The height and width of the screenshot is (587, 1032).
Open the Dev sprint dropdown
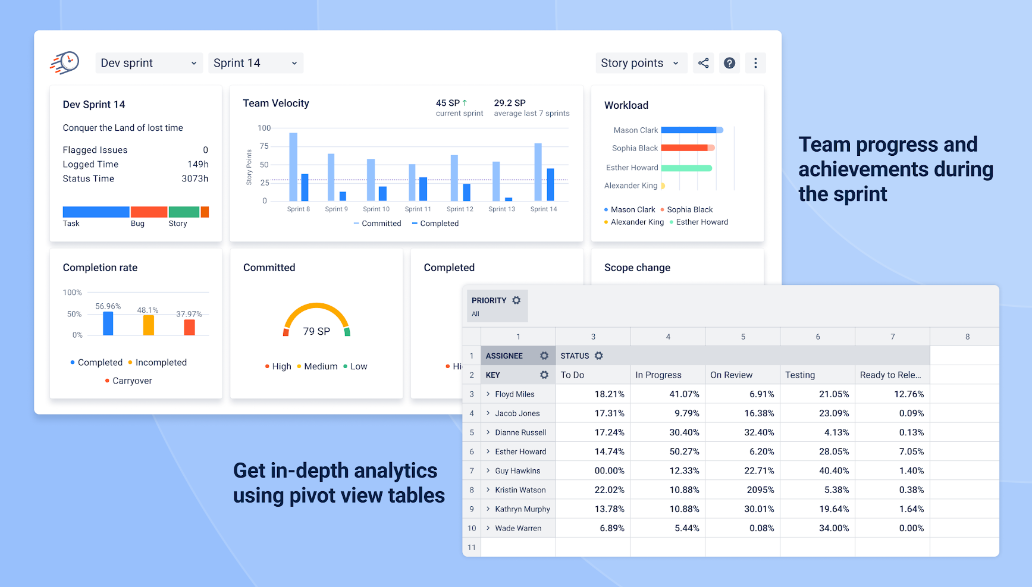(x=148, y=63)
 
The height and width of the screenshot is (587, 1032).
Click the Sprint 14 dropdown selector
(x=255, y=63)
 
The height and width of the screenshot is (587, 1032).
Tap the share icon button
(x=703, y=63)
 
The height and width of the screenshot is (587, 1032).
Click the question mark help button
(x=729, y=63)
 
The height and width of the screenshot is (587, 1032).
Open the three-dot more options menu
(x=755, y=63)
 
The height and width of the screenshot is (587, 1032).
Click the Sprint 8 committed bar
(x=293, y=167)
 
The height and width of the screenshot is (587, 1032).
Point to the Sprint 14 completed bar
(x=550, y=185)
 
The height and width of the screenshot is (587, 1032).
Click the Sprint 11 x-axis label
(x=418, y=209)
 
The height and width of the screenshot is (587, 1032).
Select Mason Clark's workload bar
(x=690, y=130)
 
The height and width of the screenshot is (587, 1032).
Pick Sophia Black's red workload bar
(x=685, y=148)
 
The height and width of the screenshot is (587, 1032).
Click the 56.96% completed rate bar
(x=108, y=324)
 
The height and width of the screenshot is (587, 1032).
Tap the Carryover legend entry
(x=132, y=381)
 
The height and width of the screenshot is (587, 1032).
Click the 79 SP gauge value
(x=316, y=331)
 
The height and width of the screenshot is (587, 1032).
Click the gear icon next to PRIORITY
(x=516, y=300)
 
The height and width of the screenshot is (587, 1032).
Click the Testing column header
(x=800, y=375)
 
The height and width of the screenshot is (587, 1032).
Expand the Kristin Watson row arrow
(x=488, y=489)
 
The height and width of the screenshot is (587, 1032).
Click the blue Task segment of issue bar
(x=96, y=212)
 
